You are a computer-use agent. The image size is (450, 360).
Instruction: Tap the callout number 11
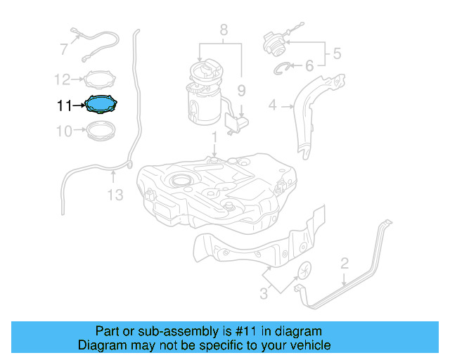coord(64,106)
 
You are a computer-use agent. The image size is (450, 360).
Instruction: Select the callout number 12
coord(63,79)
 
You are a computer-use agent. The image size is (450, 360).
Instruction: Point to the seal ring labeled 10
coord(101,130)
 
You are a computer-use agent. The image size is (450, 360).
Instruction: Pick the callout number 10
coord(63,131)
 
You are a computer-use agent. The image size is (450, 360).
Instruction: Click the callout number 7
coord(63,49)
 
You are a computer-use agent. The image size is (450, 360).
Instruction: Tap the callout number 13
coord(114,193)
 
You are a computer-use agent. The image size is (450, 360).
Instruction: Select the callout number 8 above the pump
coord(224,30)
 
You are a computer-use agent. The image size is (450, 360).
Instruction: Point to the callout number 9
coord(240,90)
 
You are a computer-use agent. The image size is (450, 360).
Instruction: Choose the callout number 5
coord(336,52)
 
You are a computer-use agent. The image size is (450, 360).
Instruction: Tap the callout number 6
coord(309,67)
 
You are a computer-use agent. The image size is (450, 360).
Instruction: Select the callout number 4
coord(273,106)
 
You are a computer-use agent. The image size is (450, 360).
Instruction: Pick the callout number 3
coord(264,294)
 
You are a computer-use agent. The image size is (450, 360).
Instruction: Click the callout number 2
coord(345,264)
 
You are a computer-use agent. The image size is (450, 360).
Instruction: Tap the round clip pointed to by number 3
coord(307,271)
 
